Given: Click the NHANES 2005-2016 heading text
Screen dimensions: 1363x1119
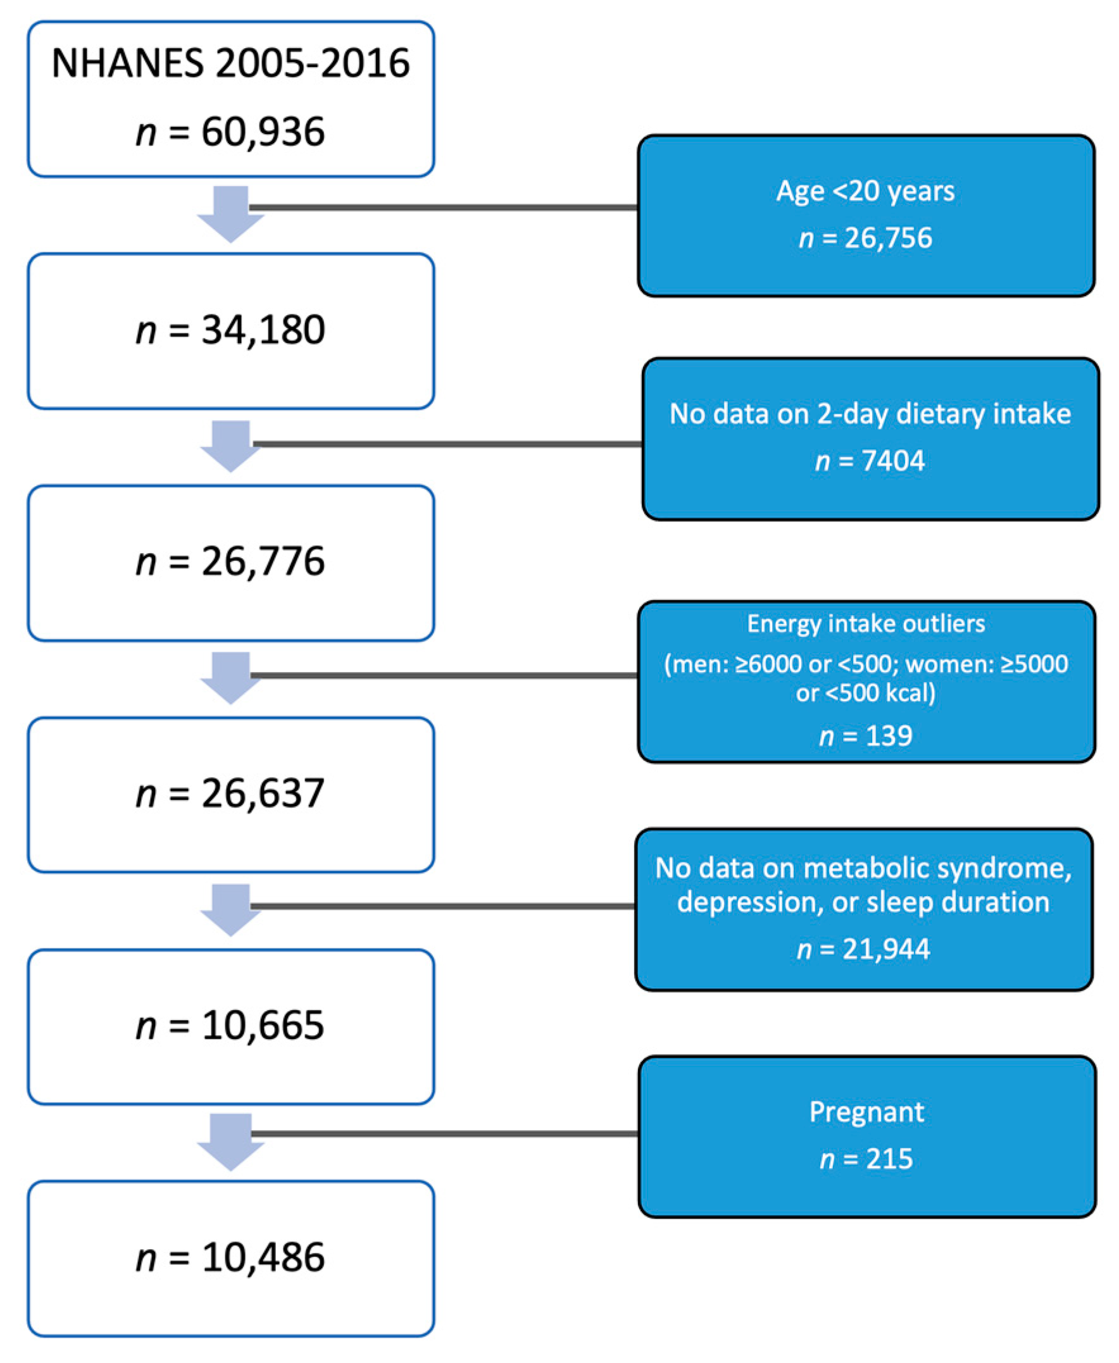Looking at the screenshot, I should (230, 63).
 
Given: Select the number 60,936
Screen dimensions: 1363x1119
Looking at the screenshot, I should (263, 132).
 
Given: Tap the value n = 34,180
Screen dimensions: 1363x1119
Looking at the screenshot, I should (230, 330).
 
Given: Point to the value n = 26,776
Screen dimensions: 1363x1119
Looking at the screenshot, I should (230, 561).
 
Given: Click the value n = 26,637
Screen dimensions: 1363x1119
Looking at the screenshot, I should (230, 794).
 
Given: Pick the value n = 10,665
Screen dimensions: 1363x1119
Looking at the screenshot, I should (230, 1025).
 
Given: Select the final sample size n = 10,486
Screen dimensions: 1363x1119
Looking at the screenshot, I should (230, 1257).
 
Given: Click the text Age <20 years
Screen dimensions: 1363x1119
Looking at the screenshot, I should (865, 190).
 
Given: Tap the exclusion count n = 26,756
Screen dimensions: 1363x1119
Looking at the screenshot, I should (865, 238).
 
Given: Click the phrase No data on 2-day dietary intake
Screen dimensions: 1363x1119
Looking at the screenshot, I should (870, 414).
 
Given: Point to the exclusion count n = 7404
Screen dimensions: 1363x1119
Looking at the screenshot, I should (870, 461).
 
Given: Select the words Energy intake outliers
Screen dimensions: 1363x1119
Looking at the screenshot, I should (866, 623).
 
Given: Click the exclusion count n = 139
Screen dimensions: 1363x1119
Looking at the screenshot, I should (866, 735).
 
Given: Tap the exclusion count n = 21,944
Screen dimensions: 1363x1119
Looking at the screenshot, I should (863, 949).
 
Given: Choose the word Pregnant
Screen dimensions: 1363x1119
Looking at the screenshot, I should (866, 1112).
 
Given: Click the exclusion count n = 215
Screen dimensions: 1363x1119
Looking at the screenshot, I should (866, 1159).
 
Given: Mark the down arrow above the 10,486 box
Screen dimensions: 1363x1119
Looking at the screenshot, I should (230, 1143).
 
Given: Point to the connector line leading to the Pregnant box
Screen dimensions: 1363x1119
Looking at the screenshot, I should (445, 1133).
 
